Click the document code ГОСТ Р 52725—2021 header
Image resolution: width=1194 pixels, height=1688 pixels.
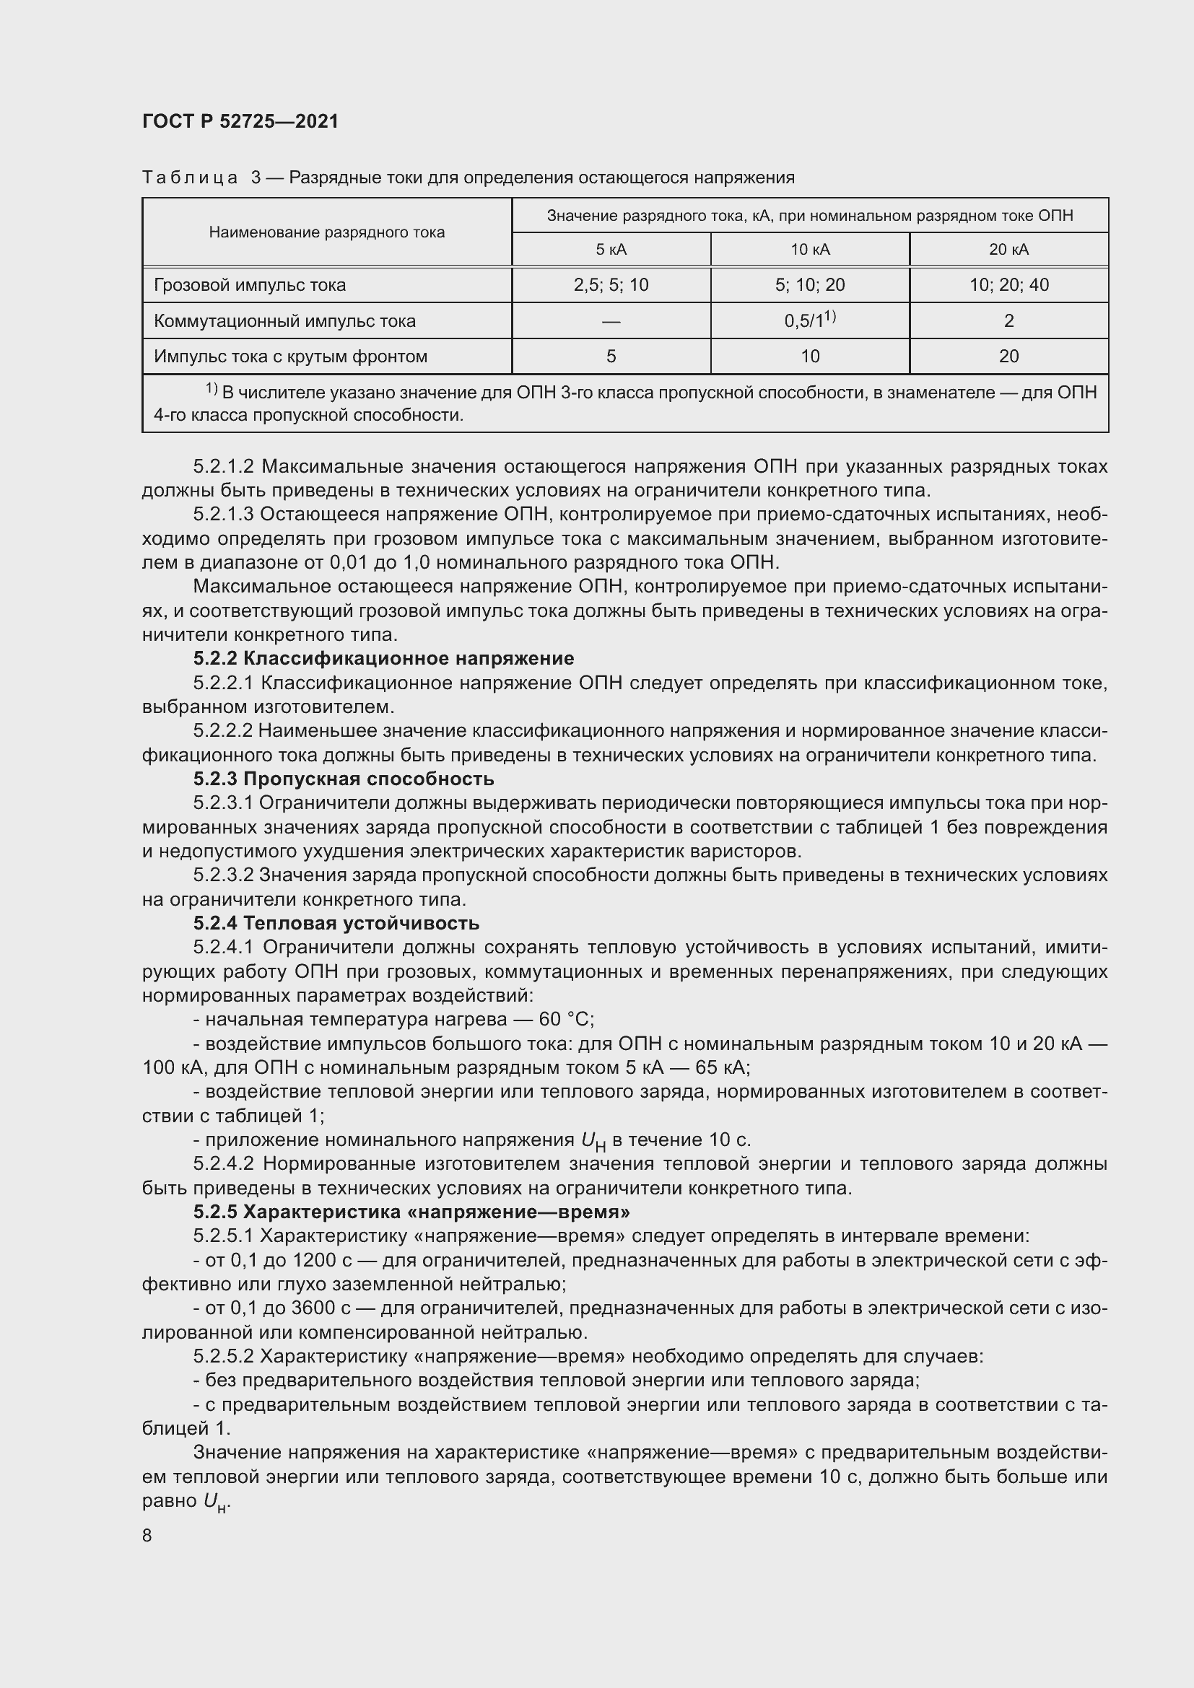[x=240, y=121]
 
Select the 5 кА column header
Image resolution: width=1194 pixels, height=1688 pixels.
[x=611, y=250]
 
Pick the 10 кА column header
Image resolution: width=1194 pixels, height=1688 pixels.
[x=809, y=250]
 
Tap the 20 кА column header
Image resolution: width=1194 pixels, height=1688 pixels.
[x=1008, y=250]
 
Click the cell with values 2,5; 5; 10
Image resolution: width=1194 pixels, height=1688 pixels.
[x=611, y=285]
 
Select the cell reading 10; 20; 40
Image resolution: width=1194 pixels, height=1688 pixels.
[x=1008, y=285]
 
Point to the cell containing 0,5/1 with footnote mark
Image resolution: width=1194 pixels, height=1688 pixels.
[x=809, y=320]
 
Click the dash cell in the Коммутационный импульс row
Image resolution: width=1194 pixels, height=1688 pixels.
[x=611, y=321]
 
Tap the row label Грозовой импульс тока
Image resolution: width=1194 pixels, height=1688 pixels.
[x=249, y=285]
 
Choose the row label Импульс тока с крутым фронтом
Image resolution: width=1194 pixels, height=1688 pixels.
[x=290, y=357]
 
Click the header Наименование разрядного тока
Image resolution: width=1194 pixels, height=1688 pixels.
[x=326, y=232]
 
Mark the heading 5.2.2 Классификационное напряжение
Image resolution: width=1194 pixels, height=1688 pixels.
[x=383, y=658]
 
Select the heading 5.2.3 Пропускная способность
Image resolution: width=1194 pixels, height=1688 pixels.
[x=344, y=779]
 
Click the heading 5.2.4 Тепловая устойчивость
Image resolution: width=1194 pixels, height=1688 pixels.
[x=336, y=924]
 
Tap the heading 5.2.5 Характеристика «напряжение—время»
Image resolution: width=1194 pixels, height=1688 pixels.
[x=411, y=1212]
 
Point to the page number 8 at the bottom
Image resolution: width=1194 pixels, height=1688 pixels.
[x=147, y=1536]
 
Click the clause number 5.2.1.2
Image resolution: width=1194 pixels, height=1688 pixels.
[x=224, y=467]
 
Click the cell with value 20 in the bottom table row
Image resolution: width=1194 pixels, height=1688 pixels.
[x=1008, y=357]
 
